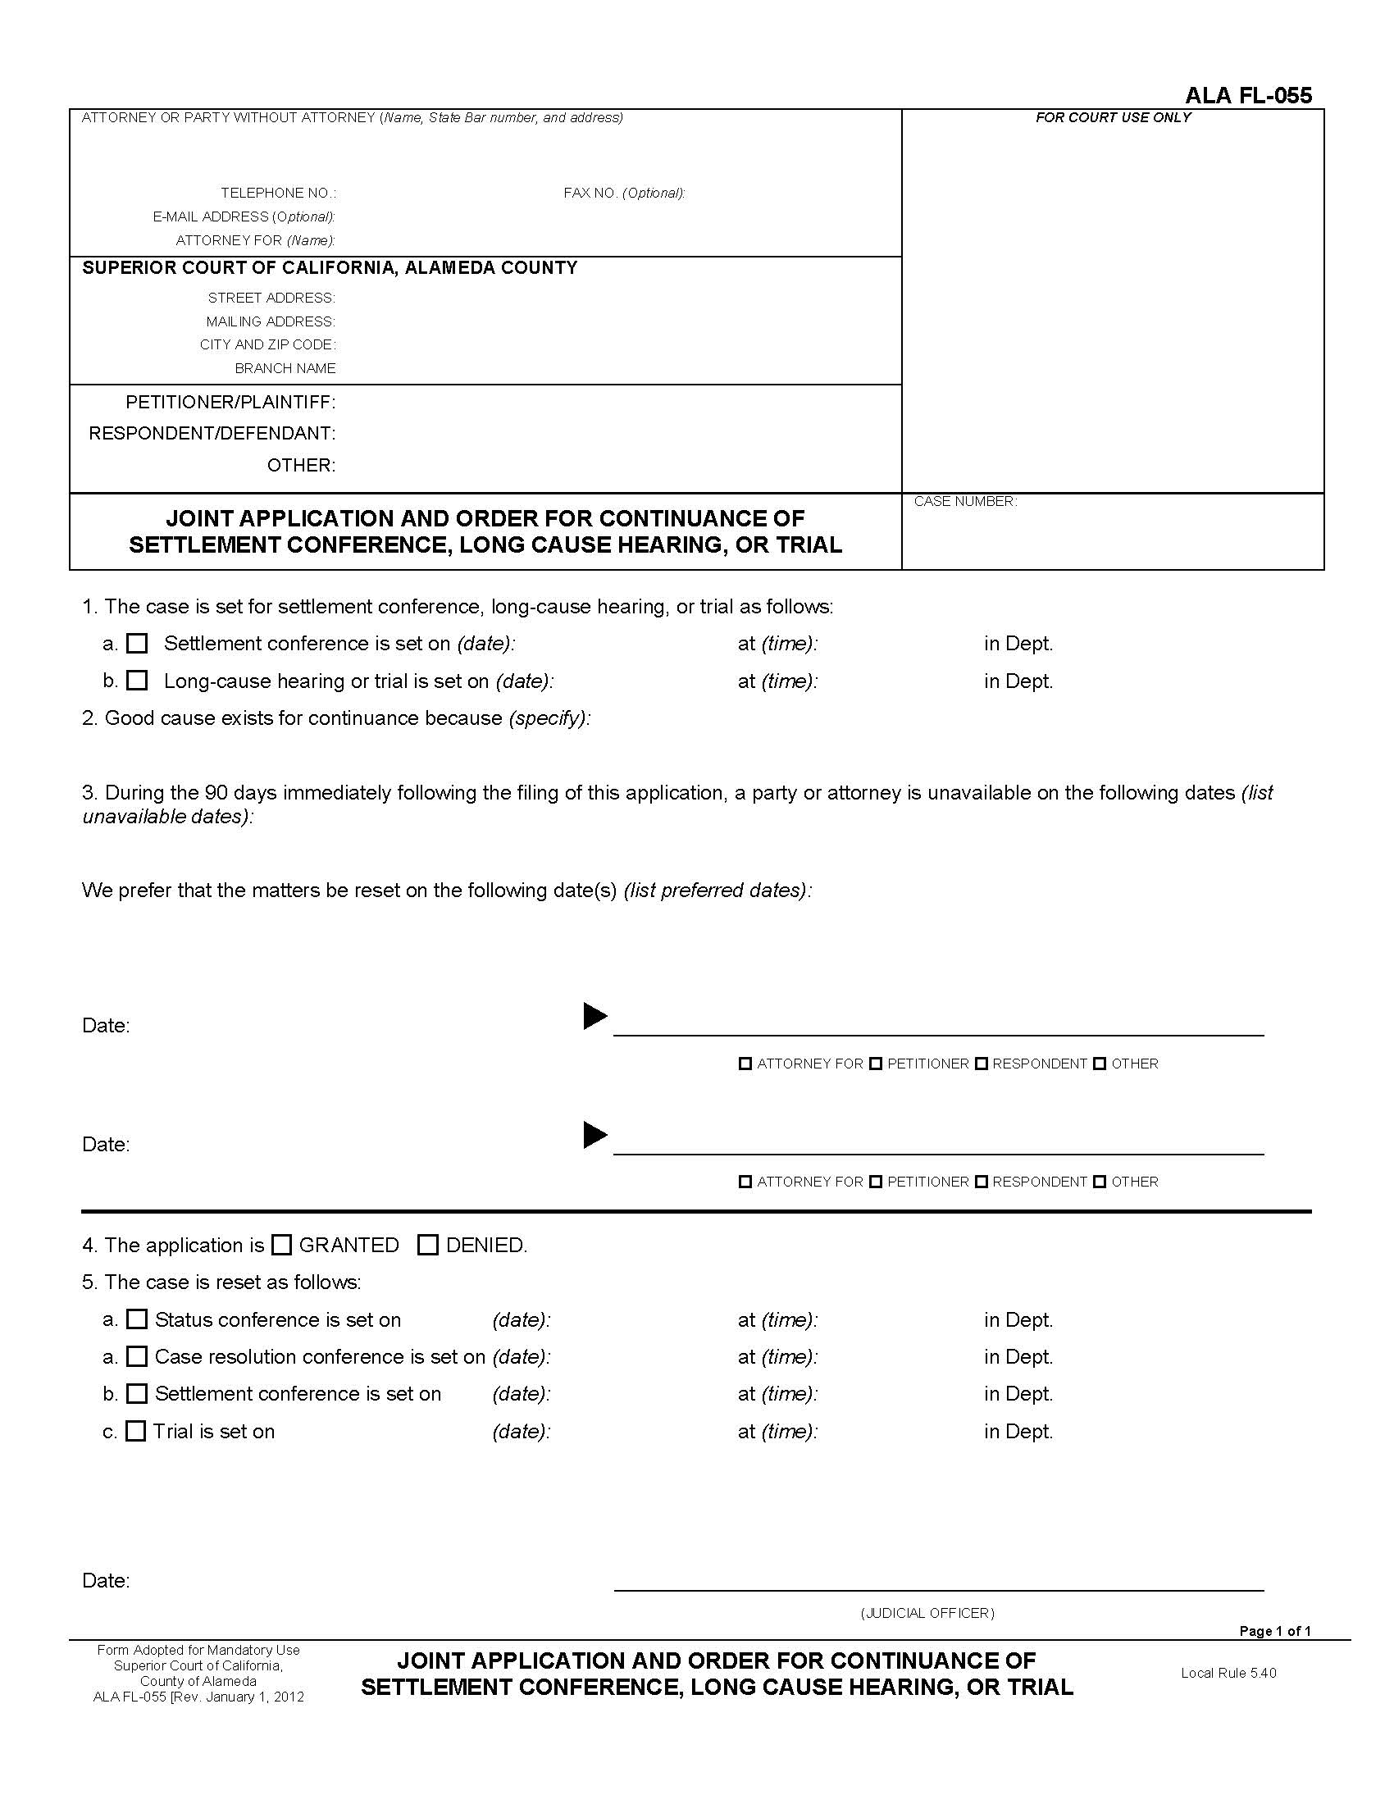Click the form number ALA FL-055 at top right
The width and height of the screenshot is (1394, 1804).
(1248, 96)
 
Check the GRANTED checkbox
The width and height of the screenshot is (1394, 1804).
(281, 1245)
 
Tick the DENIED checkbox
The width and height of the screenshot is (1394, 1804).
(428, 1245)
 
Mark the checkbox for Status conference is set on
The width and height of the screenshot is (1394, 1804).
(137, 1319)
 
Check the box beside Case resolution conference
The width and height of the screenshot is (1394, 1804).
(137, 1356)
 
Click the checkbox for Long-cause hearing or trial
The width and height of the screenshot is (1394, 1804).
(137, 681)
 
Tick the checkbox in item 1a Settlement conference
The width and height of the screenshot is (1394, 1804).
(137, 644)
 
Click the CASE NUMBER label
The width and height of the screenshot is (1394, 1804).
(964, 501)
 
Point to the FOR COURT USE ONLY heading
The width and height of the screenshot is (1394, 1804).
(1113, 117)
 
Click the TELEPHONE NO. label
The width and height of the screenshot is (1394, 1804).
(278, 194)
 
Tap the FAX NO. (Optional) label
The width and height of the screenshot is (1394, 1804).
(623, 194)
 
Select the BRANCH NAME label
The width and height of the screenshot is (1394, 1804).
(285, 368)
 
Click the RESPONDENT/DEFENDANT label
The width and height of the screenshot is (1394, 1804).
(212, 433)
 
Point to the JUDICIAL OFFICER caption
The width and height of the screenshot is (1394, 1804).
(927, 1613)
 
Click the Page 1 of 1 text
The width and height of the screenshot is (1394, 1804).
(1274, 1630)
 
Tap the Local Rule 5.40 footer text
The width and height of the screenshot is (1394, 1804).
(1228, 1673)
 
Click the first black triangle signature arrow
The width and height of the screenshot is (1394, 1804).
(594, 1016)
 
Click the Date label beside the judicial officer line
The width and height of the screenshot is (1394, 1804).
(106, 1581)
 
